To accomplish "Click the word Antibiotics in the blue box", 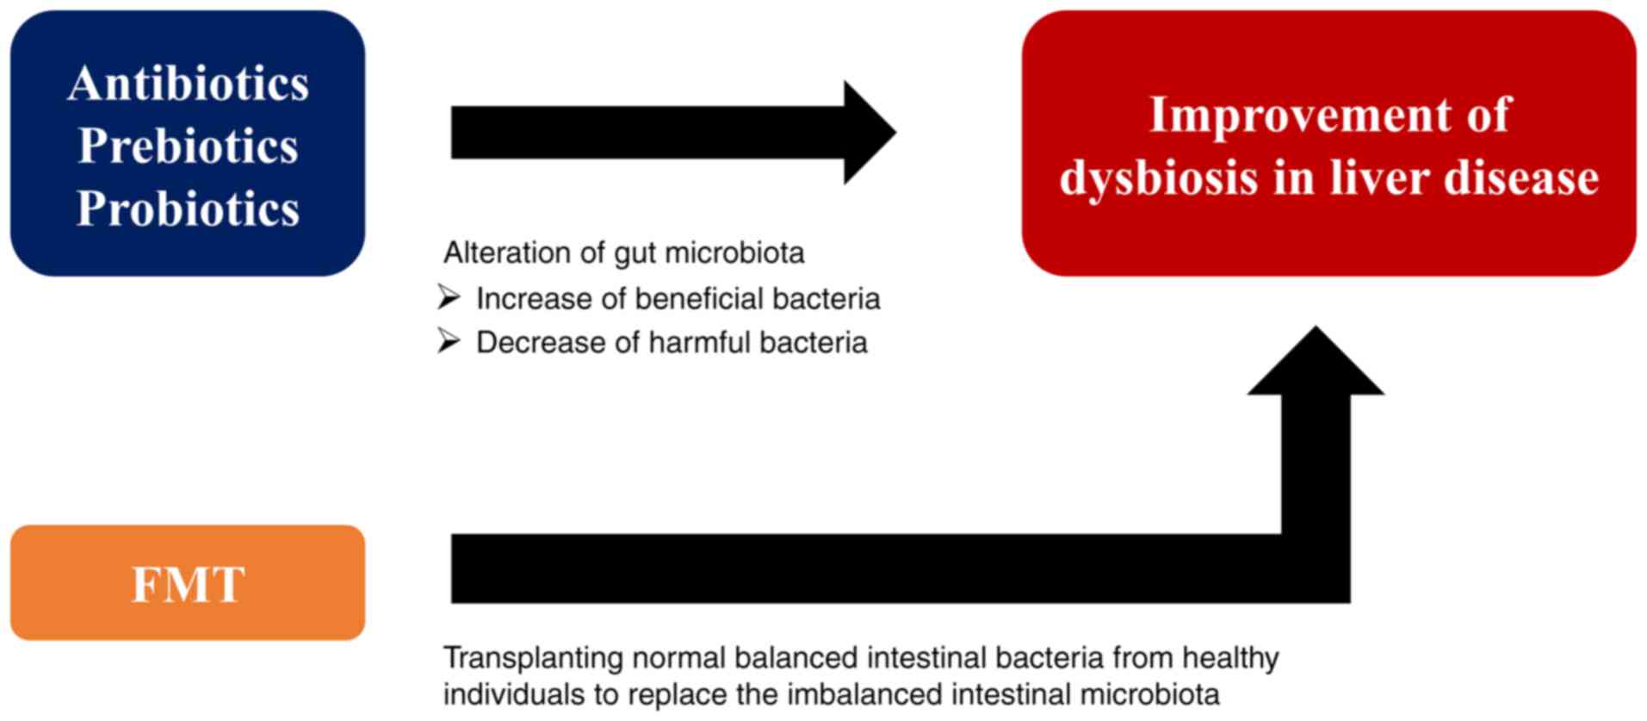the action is (x=188, y=84).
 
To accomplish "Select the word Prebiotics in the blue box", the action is (x=188, y=146).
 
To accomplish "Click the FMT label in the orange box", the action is (x=188, y=584).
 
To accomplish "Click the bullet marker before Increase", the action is (x=449, y=297).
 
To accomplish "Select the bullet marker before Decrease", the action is (x=449, y=341).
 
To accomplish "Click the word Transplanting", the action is (x=533, y=659).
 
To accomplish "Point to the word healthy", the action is (x=1229, y=659).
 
